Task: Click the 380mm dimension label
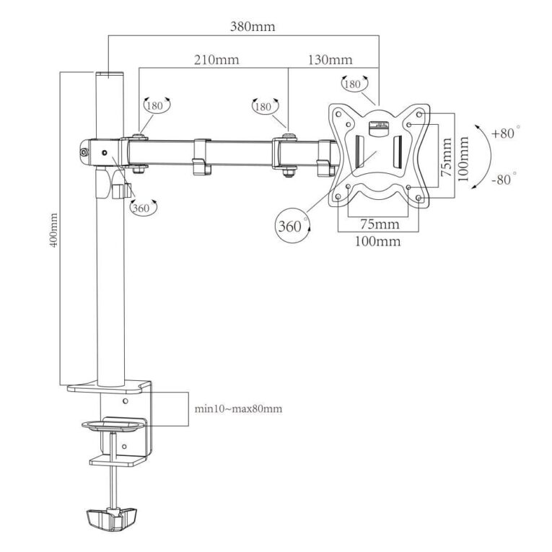coord(253,27)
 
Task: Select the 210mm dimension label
coord(216,59)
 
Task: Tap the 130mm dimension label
coord(330,59)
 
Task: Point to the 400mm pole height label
coord(53,230)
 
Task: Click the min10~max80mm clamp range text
coord(238,408)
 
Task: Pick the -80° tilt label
coord(504,179)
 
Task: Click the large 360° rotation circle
coord(292,225)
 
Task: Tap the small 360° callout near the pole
coord(144,208)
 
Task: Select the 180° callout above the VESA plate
coord(355,84)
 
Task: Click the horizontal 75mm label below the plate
coord(380,224)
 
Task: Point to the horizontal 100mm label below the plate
coord(377,242)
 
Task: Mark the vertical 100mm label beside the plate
coord(464,159)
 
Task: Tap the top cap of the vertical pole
coord(110,75)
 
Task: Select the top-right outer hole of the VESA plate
coord(419,115)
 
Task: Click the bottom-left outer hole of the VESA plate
coord(338,197)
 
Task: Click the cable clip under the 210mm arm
coord(202,157)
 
